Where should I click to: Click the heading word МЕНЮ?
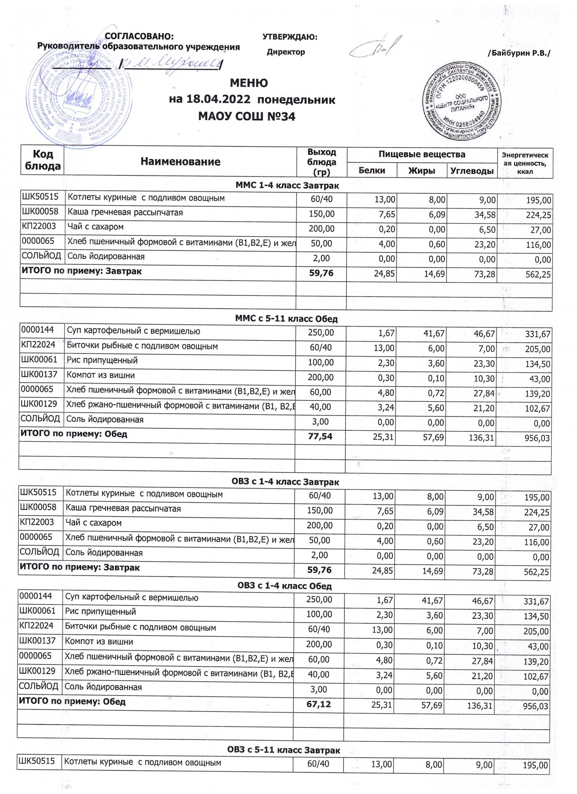tap(249, 83)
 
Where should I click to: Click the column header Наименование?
tap(180, 162)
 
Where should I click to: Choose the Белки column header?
tap(371, 171)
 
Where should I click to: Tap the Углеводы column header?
tap(472, 171)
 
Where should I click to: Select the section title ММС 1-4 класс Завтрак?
tap(287, 185)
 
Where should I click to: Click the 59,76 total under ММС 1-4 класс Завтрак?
tap(321, 273)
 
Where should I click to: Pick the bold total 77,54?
tap(320, 437)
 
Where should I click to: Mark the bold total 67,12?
tap(319, 704)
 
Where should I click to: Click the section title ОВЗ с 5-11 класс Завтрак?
tap(283, 750)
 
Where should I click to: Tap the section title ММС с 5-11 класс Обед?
tap(286, 319)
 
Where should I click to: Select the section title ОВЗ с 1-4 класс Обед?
tap(284, 586)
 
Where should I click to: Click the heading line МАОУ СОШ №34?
tap(246, 116)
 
